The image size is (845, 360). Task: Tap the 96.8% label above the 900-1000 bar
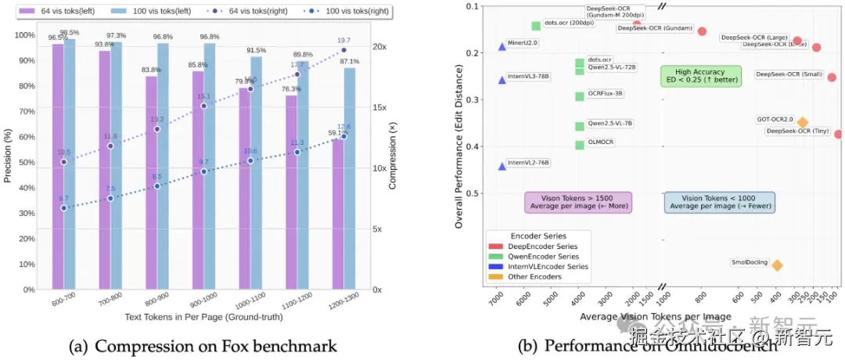pos(209,37)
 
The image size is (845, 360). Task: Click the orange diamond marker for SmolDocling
pos(777,265)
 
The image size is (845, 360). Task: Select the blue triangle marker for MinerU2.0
pos(502,46)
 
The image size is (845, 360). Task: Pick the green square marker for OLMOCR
pos(580,145)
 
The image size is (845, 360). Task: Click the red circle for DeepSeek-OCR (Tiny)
pos(839,134)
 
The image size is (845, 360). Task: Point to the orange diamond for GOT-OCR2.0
pos(803,122)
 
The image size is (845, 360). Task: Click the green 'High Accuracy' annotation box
pos(700,76)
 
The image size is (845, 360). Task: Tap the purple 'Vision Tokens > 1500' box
pos(577,202)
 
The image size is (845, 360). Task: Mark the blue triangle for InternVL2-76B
pos(502,166)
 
